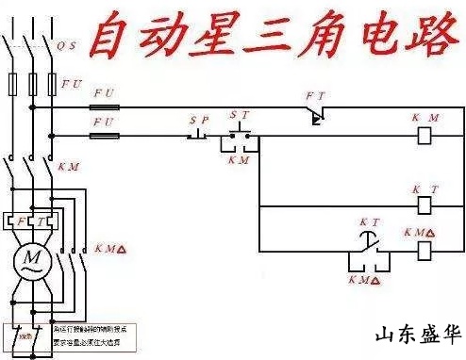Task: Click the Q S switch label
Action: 67,44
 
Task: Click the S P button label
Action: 198,121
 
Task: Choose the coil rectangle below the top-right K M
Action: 424,136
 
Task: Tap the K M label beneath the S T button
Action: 240,160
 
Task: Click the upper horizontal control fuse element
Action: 104,106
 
